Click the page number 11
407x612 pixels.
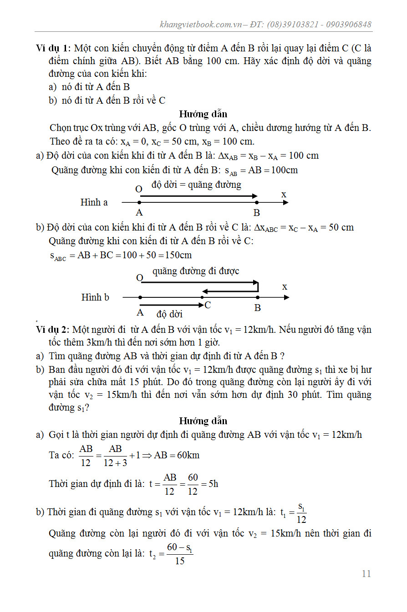pyautogui.click(x=366, y=574)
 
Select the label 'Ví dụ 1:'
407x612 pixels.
pyautogui.click(x=53, y=48)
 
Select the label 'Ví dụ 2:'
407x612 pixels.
pyautogui.click(x=53, y=329)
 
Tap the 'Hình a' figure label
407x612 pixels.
pyautogui.click(x=94, y=202)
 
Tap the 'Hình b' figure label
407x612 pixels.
pyautogui.click(x=95, y=297)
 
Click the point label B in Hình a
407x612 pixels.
pyautogui.click(x=257, y=213)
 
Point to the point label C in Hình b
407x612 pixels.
pyautogui.click(x=208, y=305)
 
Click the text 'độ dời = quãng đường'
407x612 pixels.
pyautogui.click(x=197, y=185)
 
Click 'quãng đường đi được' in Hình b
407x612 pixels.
pyautogui.click(x=196, y=271)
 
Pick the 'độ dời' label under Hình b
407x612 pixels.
pyautogui.click(x=169, y=314)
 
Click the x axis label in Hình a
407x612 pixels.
pyautogui.click(x=284, y=195)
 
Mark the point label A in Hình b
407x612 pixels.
pyautogui.click(x=140, y=313)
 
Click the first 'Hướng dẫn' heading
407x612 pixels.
pyautogui.click(x=203, y=114)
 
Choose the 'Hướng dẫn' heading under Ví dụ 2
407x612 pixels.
pyautogui.click(x=203, y=421)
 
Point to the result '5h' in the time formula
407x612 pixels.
pyautogui.click(x=213, y=484)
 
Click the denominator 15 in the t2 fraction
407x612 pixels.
pyautogui.click(x=180, y=561)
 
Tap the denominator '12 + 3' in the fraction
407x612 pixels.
pyautogui.click(x=116, y=463)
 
